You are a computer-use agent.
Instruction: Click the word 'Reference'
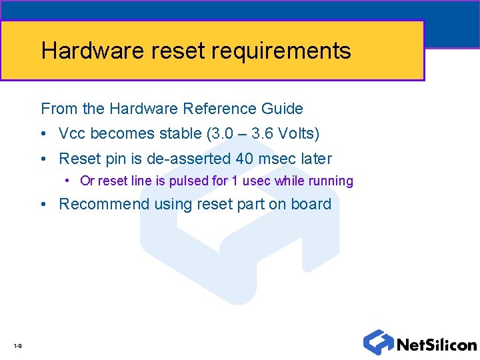tap(217, 109)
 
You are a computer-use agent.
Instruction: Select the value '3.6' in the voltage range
tap(261, 134)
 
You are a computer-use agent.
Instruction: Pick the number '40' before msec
tap(244, 159)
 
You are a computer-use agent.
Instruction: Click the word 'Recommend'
tap(105, 204)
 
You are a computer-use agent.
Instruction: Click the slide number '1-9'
tap(17, 345)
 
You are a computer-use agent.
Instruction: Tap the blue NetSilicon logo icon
tap(378, 342)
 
